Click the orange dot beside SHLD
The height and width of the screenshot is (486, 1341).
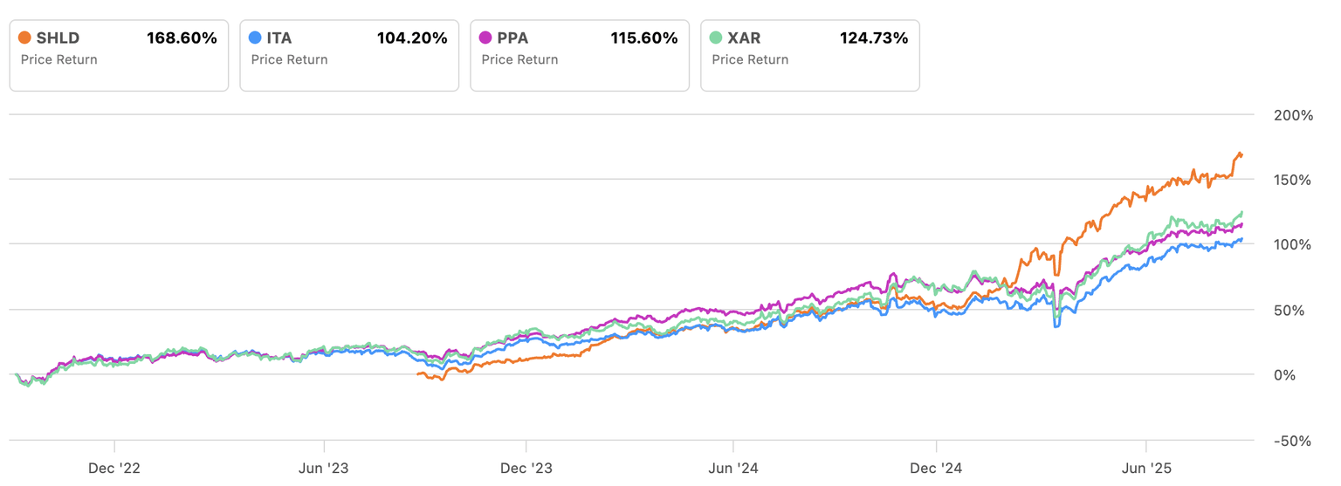pyautogui.click(x=24, y=38)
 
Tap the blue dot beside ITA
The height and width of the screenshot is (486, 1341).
pyautogui.click(x=255, y=38)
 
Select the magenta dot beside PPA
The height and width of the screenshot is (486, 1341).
pyautogui.click(x=485, y=38)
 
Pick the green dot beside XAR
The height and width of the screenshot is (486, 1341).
pyautogui.click(x=716, y=38)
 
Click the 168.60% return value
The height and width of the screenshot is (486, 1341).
pyautogui.click(x=182, y=38)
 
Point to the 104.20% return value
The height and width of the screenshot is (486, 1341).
pyautogui.click(x=412, y=38)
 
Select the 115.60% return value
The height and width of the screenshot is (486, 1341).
pyautogui.click(x=643, y=38)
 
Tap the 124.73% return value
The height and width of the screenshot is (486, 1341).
pyautogui.click(x=873, y=38)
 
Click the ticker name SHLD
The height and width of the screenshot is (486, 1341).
pyautogui.click(x=58, y=38)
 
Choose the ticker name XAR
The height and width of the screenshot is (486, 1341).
pyautogui.click(x=745, y=38)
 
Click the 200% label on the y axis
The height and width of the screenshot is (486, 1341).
pyautogui.click(x=1293, y=115)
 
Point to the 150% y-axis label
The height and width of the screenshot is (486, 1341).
pyautogui.click(x=1293, y=180)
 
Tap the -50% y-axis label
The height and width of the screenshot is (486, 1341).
pyautogui.click(x=1291, y=441)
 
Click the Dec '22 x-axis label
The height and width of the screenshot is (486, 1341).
pyautogui.click(x=114, y=468)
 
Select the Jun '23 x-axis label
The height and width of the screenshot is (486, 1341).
pyautogui.click(x=324, y=468)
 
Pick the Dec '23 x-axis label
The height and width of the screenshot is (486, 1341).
pyautogui.click(x=526, y=468)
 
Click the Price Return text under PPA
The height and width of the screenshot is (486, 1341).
pyautogui.click(x=519, y=59)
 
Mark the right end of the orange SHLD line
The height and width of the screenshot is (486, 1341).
pyautogui.click(x=1241, y=155)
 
